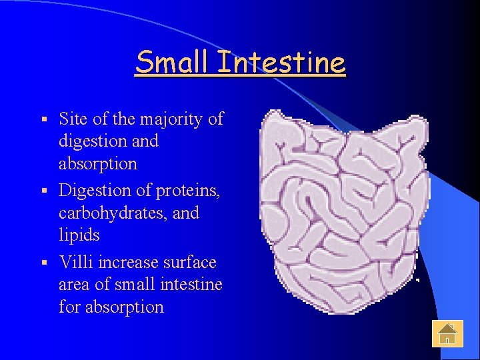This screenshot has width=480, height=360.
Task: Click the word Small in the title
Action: coord(171,63)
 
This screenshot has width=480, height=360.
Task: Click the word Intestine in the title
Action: coord(281,63)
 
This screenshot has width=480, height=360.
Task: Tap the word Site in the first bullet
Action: coord(74,119)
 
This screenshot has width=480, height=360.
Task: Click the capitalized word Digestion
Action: coord(95,191)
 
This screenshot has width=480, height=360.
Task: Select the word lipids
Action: coord(79,235)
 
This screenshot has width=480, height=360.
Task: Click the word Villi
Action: coord(77,262)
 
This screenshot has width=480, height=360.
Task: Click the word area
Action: coord(75,285)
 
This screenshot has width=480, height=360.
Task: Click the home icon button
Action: coord(447,333)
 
